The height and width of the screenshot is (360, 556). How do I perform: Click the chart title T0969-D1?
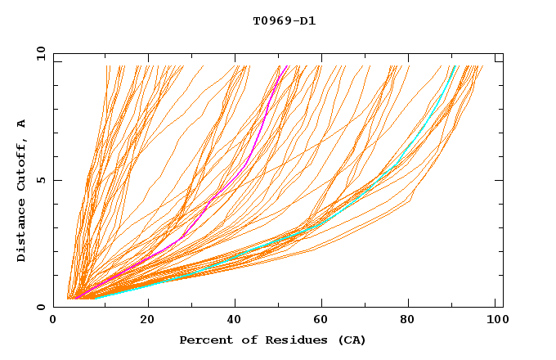(284, 20)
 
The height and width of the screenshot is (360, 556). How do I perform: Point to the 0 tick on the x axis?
(54, 321)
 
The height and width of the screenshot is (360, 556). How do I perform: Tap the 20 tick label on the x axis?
(147, 321)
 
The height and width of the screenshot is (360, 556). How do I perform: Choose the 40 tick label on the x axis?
(235, 321)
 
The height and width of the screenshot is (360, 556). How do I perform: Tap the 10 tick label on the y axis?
(39, 53)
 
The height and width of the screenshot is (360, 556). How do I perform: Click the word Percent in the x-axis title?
(204, 340)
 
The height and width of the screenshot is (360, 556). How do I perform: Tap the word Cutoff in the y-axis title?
(22, 164)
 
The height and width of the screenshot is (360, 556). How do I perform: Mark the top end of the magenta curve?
(288, 66)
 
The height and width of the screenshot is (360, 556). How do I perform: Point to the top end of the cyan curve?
(455, 66)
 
